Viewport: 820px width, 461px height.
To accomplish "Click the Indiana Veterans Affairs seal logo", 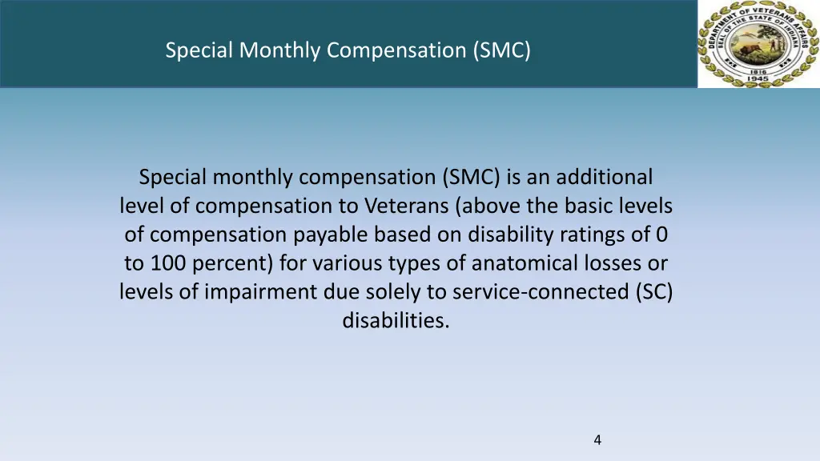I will pos(758,44).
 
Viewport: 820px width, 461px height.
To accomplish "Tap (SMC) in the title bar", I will pos(500,50).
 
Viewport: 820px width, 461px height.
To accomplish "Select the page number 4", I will pos(597,439).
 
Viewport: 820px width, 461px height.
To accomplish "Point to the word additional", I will pos(605,177).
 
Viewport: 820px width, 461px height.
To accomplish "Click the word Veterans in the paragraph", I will pos(407,206).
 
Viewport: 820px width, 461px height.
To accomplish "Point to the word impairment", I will pos(249,292).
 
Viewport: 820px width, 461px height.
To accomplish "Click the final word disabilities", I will pos(396,321).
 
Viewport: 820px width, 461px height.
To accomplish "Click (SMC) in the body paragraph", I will pos(472,177).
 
